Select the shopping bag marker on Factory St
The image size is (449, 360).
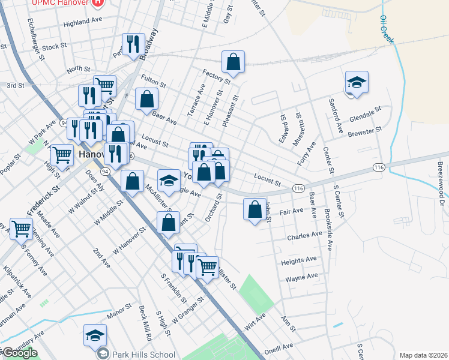coord(233,62)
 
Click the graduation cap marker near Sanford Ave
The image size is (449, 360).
coord(357,83)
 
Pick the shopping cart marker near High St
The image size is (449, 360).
coord(62,155)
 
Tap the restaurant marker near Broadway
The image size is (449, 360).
coord(133,44)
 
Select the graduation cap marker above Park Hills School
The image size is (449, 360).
coord(95,335)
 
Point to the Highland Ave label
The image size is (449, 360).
coord(83,21)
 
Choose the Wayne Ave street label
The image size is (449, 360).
coord(301,277)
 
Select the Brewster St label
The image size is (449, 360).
coord(365,131)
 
